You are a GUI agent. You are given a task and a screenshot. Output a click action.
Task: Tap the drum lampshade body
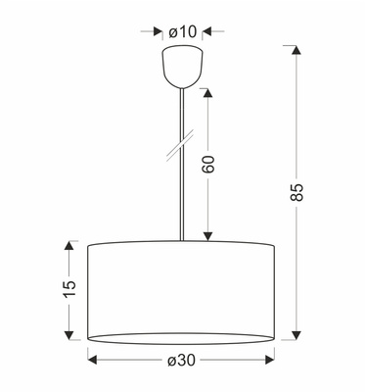tap(183, 289)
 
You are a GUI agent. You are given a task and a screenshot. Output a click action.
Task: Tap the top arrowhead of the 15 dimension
tap(69, 246)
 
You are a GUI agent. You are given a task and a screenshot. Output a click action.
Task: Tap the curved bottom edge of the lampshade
tap(183, 341)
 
